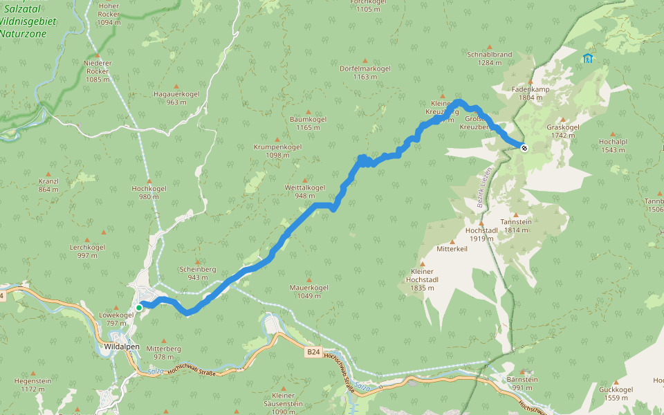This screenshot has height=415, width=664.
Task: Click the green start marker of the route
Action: click(139, 307)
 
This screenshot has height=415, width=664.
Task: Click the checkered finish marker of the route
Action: click(524, 147)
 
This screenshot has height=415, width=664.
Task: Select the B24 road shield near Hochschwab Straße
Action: click(313, 351)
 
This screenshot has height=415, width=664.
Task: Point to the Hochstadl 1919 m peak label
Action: click(481, 234)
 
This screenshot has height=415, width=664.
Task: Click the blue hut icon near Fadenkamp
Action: click(587, 59)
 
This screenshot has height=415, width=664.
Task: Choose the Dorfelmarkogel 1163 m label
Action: click(365, 73)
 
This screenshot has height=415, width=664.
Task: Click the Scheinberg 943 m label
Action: click(198, 273)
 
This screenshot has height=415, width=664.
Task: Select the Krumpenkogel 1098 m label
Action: click(277, 151)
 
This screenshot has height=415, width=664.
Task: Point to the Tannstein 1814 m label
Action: click(517, 225)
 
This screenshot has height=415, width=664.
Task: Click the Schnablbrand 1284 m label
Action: click(489, 58)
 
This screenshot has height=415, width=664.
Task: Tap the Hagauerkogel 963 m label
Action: click(176, 98)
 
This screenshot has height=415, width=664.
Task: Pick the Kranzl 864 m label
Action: click(48, 185)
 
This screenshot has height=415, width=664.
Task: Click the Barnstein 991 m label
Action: click(522, 383)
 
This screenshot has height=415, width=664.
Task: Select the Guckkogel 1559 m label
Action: click(616, 393)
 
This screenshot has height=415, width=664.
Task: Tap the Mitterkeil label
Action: click(452, 248)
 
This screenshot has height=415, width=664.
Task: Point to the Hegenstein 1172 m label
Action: click(33, 385)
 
